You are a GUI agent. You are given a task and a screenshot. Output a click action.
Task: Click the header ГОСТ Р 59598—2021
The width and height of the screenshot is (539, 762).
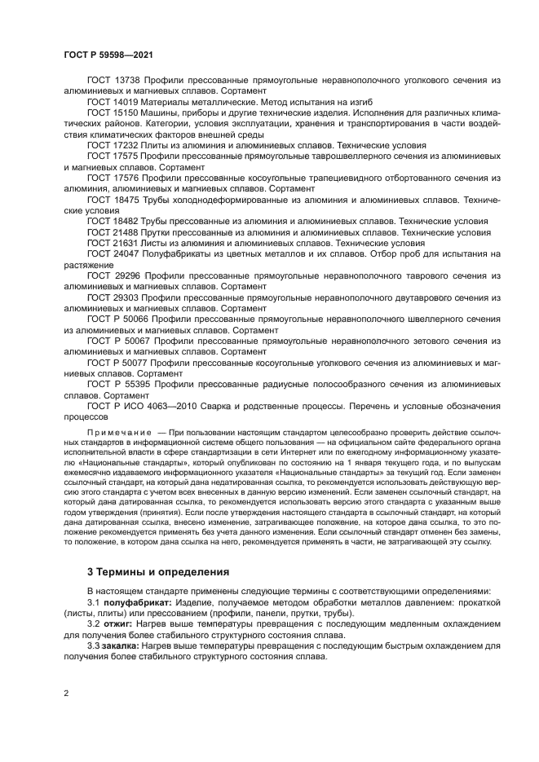click(108, 55)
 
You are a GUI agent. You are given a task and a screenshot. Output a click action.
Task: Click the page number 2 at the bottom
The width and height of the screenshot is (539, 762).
click(66, 693)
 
